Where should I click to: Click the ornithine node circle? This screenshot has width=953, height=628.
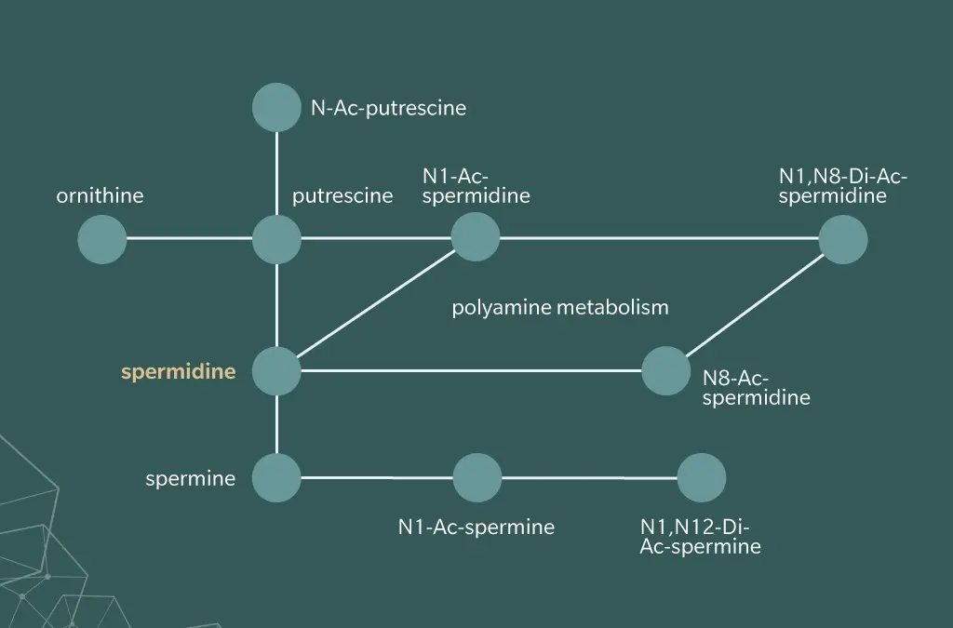tap(102, 239)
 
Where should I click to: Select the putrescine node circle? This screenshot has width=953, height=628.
tap(276, 239)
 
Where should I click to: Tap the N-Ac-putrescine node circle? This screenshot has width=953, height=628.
tap(276, 107)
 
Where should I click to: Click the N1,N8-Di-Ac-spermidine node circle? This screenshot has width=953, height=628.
tap(843, 239)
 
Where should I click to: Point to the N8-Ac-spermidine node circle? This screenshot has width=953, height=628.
tap(666, 370)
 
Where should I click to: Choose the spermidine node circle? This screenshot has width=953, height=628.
tap(276, 370)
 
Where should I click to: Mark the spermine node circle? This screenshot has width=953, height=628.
tap(276, 478)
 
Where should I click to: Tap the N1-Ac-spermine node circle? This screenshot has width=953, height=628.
tap(477, 478)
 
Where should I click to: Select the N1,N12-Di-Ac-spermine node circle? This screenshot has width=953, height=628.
tap(702, 478)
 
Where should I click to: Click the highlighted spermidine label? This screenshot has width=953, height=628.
tap(179, 372)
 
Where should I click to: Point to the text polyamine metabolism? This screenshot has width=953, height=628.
tap(560, 307)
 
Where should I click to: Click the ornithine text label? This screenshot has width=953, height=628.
tap(100, 195)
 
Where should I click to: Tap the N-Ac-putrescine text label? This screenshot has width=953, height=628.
tap(388, 108)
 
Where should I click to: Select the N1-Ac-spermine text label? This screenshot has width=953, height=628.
tap(476, 527)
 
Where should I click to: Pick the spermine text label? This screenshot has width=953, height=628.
tap(190, 479)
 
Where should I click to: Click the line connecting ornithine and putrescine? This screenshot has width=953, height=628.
tap(189, 238)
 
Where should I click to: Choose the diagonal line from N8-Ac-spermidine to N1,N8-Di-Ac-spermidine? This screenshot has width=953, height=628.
tap(756, 304)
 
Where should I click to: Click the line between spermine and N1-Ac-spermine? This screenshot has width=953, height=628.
tap(377, 478)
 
